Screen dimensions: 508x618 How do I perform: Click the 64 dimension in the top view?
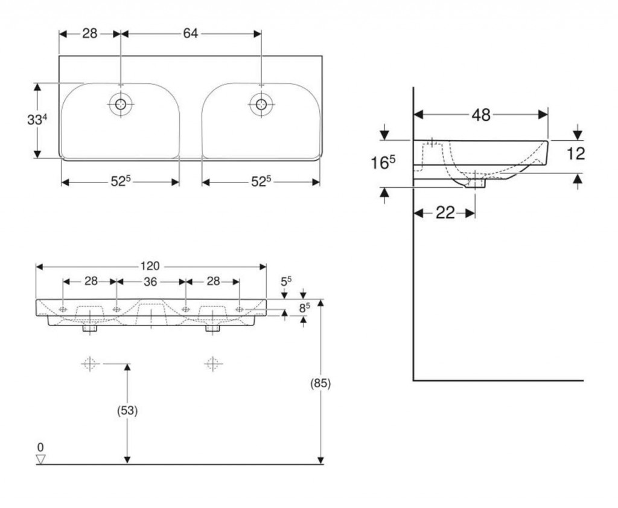click(x=191, y=34)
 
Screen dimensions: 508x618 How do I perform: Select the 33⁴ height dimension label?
click(x=37, y=120)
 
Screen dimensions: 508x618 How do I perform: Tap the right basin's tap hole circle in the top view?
click(x=261, y=104)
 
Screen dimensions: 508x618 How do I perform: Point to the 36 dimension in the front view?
click(x=150, y=281)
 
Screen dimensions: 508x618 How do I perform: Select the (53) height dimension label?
click(x=127, y=411)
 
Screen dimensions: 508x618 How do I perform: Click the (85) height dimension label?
click(x=320, y=383)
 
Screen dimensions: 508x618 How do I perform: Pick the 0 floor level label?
click(x=40, y=447)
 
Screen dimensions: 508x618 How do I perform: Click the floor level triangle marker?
click(x=41, y=459)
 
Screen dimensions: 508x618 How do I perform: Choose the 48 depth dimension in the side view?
click(x=481, y=115)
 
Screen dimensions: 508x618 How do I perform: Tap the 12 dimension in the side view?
click(x=576, y=153)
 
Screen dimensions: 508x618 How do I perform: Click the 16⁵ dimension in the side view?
click(x=383, y=162)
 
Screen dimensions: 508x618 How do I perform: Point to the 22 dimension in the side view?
click(x=445, y=212)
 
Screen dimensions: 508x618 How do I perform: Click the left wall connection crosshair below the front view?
click(x=89, y=364)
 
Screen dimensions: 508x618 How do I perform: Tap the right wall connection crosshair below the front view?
click(x=212, y=364)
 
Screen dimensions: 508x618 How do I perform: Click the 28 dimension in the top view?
click(x=90, y=34)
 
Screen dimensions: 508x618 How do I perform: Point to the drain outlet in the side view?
click(x=475, y=181)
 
